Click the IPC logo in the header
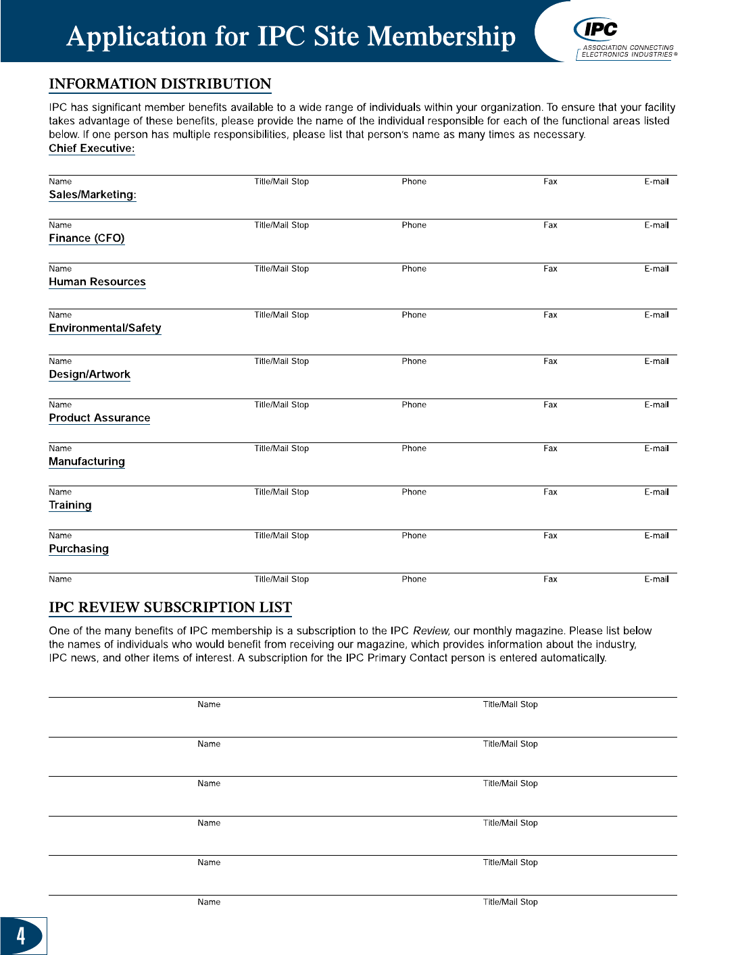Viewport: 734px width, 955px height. (x=596, y=29)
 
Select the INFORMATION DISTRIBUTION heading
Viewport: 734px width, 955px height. (x=160, y=84)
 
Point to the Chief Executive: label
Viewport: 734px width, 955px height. (x=92, y=149)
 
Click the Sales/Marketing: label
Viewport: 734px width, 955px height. (x=93, y=195)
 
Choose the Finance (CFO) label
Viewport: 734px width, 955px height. (x=87, y=238)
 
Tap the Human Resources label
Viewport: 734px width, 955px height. (x=97, y=282)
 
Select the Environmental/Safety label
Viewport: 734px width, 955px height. (x=105, y=328)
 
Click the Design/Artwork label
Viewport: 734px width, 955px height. (x=89, y=374)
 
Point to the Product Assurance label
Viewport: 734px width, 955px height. (x=99, y=418)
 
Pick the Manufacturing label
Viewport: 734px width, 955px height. (x=87, y=461)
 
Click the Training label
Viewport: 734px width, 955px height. (x=70, y=505)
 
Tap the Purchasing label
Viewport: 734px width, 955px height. (x=78, y=548)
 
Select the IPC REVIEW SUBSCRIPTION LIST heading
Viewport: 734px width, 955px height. (x=170, y=607)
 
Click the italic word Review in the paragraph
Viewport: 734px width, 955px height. (x=431, y=631)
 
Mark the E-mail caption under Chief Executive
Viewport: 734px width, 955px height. (x=656, y=182)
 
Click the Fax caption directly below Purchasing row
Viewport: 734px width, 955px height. (x=550, y=579)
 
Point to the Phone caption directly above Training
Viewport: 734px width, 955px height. (x=414, y=492)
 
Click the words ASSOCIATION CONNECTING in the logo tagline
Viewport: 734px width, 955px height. (x=629, y=48)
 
